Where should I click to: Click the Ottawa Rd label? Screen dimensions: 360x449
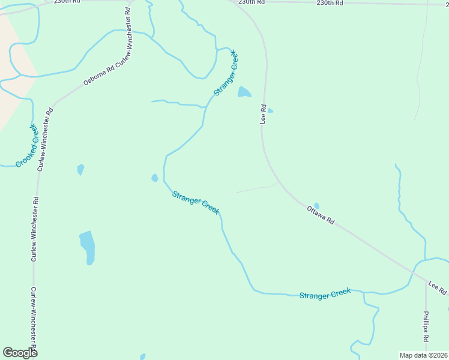(321, 214)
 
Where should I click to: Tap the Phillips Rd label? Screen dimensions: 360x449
(425, 326)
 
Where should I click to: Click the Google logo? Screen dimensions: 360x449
(20, 353)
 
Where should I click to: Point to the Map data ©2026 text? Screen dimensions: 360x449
(423, 355)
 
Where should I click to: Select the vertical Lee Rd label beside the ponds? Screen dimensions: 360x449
(263, 114)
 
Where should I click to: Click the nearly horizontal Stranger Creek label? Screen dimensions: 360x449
(325, 293)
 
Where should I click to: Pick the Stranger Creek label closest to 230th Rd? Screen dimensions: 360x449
(226, 73)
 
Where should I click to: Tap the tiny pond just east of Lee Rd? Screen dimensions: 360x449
(270, 110)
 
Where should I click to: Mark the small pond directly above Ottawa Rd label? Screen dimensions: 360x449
(316, 206)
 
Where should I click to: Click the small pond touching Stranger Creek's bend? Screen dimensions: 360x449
(155, 178)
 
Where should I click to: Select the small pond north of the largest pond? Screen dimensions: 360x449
(80, 169)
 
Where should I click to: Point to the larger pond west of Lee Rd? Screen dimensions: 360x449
(244, 92)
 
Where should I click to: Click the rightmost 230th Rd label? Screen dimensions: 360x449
(330, 3)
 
